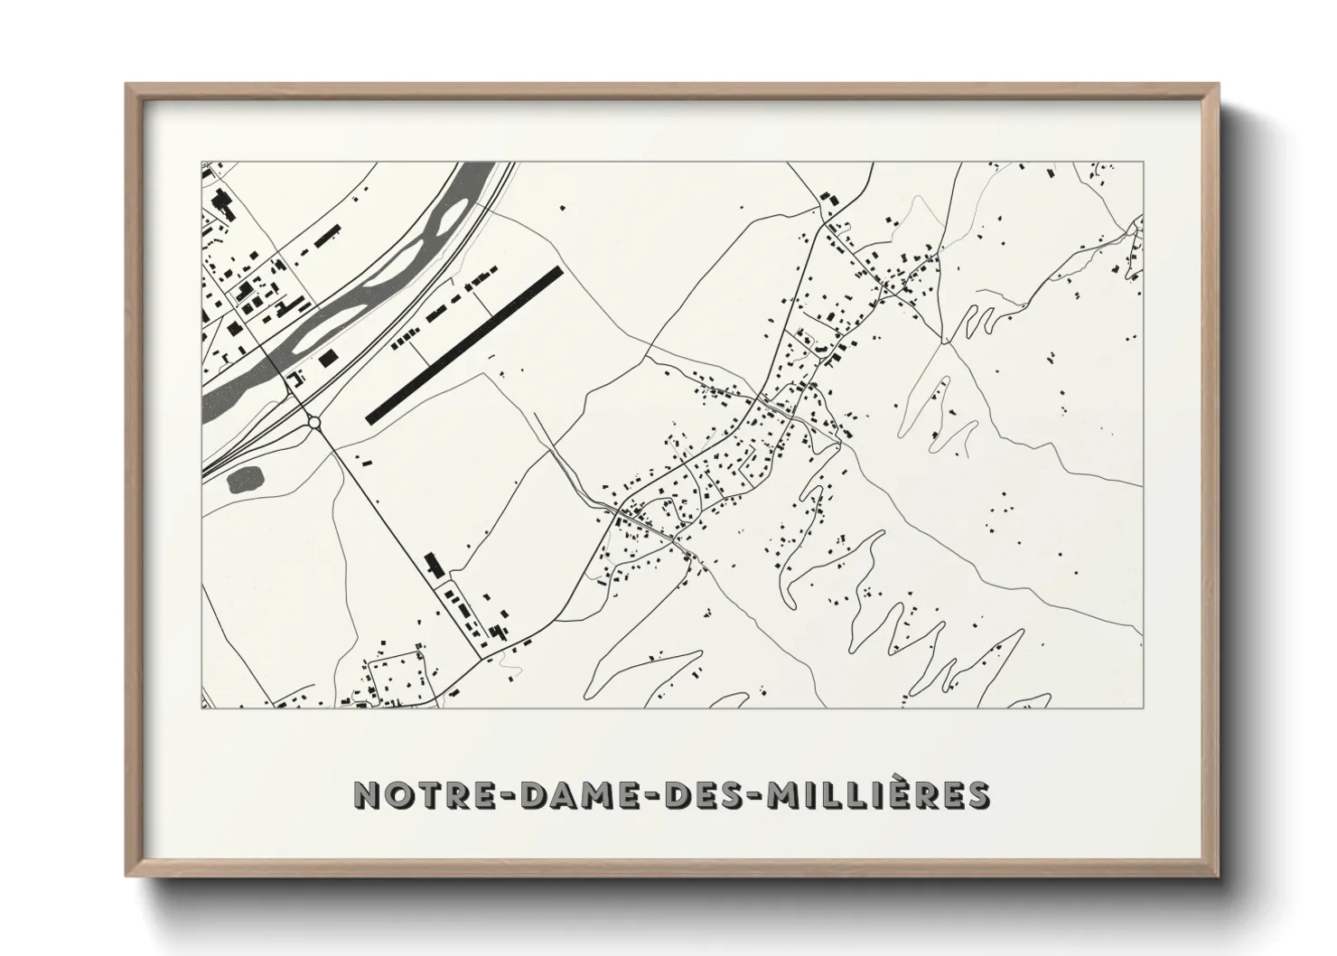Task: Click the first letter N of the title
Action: click(368, 794)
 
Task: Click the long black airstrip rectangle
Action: click(463, 344)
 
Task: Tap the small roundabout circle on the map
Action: click(313, 422)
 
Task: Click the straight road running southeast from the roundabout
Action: click(397, 533)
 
